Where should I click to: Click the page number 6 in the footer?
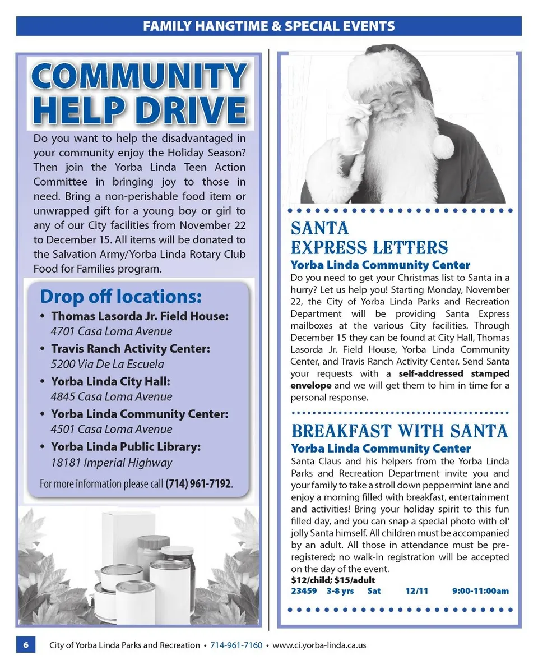26,645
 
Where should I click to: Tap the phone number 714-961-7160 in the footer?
236,645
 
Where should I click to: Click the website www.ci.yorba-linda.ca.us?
319,645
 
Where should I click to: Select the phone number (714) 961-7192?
198,483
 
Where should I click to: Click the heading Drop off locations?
120,296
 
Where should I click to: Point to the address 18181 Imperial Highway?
111,463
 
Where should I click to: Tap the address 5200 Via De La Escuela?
107,364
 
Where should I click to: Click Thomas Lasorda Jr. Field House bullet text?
140,316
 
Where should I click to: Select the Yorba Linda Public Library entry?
126,447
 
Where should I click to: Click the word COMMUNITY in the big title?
139,77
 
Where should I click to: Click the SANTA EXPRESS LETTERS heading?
369,238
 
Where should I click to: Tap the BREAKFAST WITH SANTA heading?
399,431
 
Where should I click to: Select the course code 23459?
304,591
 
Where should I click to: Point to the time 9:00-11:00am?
480,591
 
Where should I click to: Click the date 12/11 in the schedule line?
416,591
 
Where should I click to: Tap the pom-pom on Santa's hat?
442,146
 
